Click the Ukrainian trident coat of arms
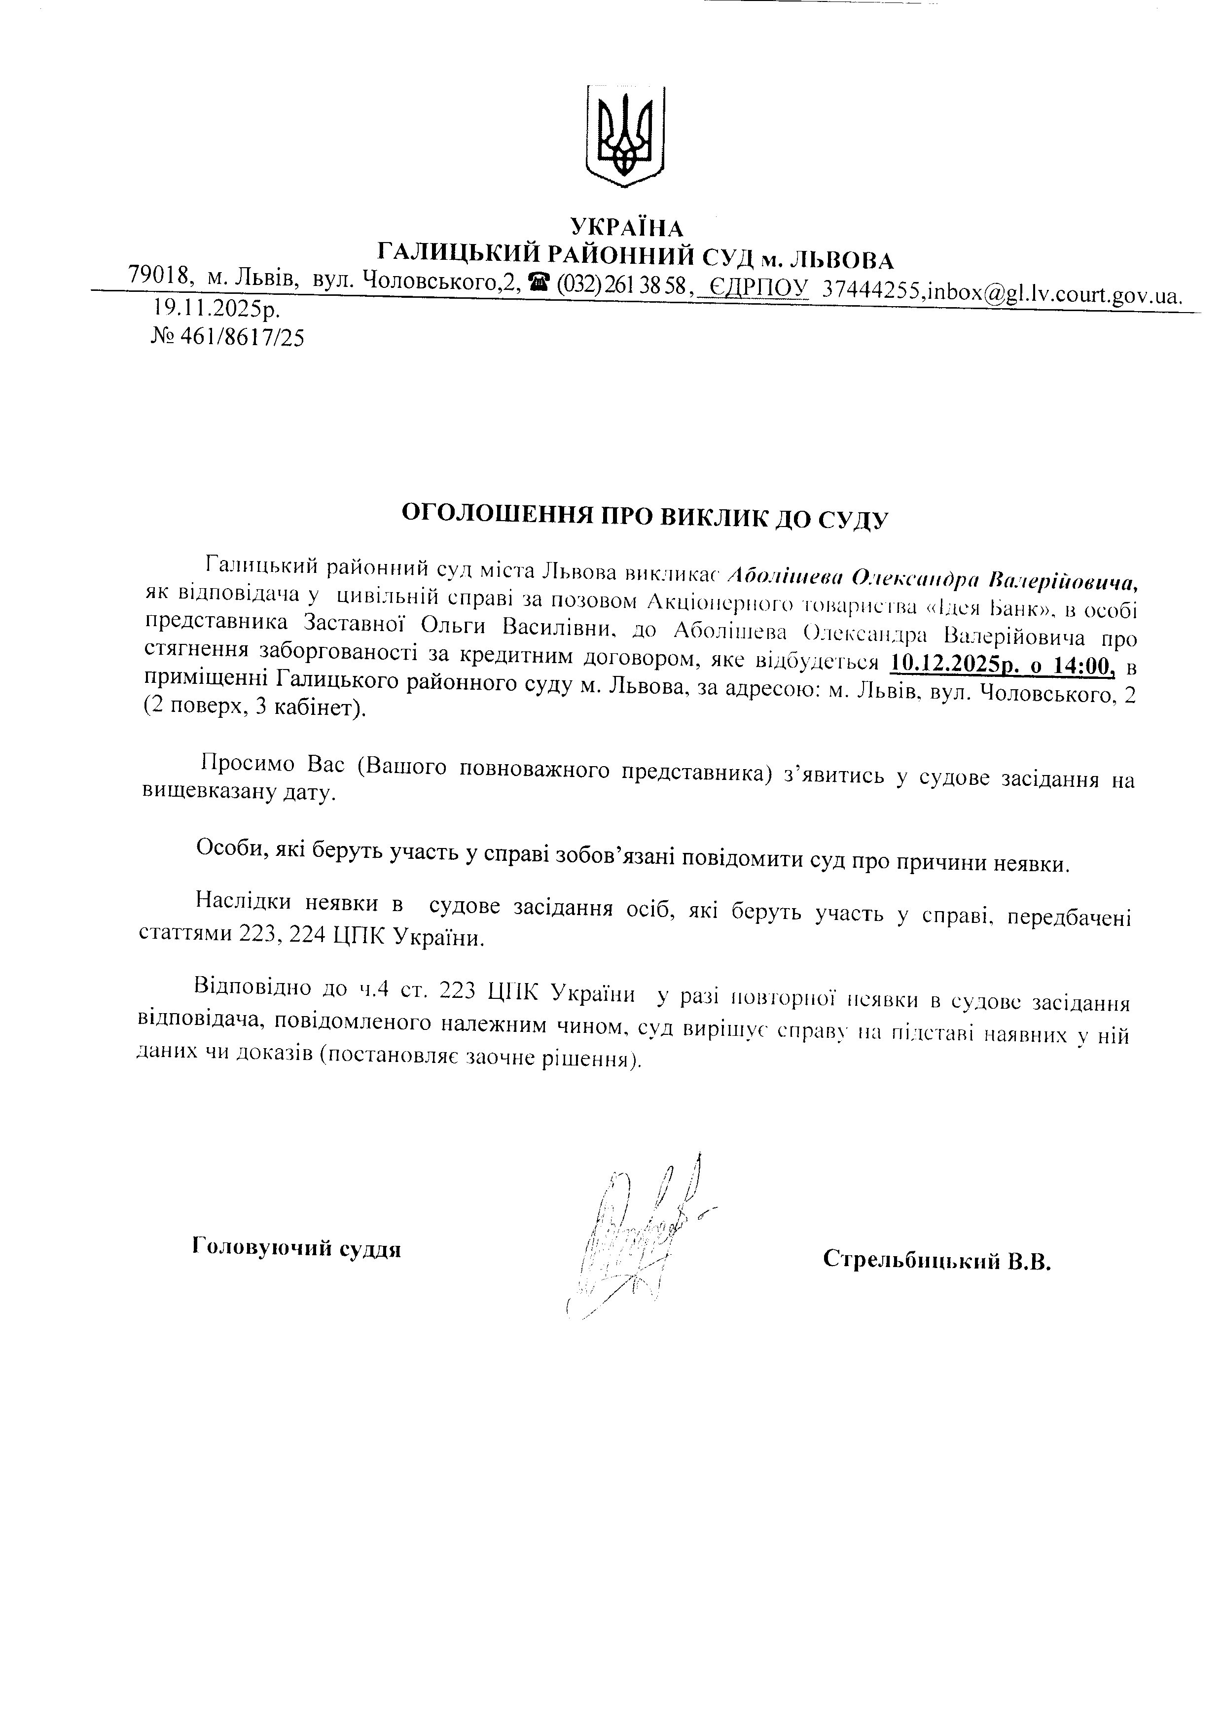(x=625, y=136)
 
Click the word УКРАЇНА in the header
(x=626, y=227)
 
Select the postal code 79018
(x=157, y=276)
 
